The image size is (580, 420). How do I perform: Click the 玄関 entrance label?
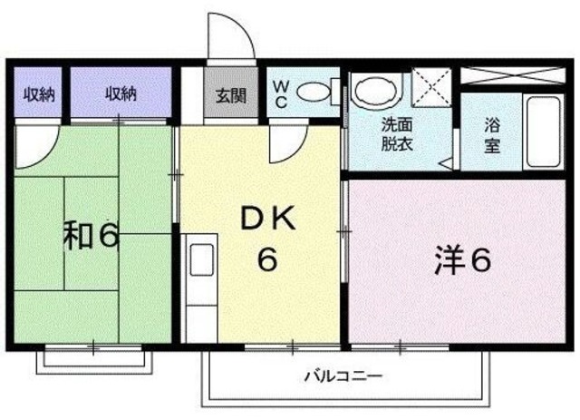tap(230, 95)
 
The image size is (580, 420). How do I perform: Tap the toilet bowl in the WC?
tap(312, 93)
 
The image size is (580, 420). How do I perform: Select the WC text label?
tap(281, 94)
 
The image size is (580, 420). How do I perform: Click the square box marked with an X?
tap(430, 89)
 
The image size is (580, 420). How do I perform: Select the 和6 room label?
tap(92, 235)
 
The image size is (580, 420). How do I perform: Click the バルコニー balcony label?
tap(343, 374)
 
